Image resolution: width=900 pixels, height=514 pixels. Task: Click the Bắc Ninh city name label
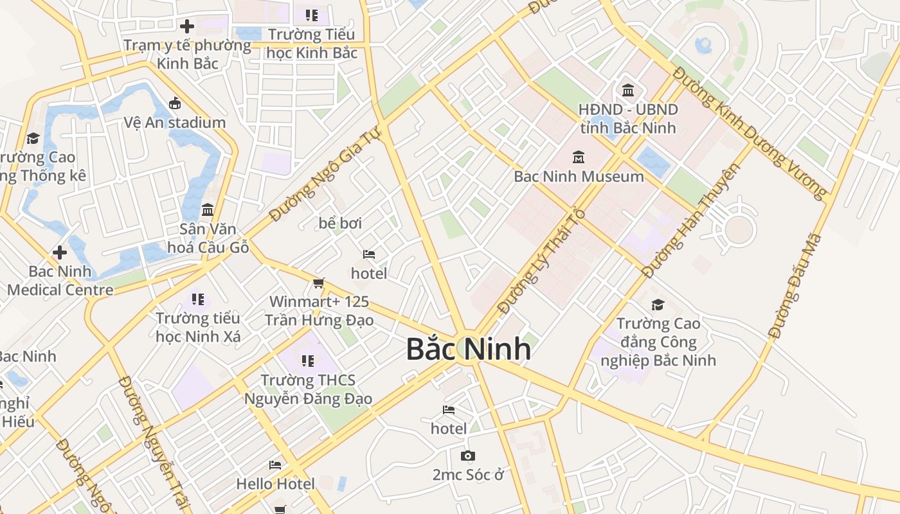pyautogui.click(x=469, y=349)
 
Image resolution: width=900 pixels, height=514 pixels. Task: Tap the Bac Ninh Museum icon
pyautogui.click(x=579, y=157)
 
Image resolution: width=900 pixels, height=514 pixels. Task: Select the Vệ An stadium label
pyautogui.click(x=175, y=122)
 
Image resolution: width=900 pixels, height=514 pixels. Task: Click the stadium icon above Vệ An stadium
pyautogui.click(x=174, y=103)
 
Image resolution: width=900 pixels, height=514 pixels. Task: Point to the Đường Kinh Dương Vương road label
pyautogui.click(x=750, y=132)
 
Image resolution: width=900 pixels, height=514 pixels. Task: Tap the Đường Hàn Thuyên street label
pyautogui.click(x=692, y=220)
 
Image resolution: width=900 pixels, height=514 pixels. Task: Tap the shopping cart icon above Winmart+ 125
pyautogui.click(x=318, y=283)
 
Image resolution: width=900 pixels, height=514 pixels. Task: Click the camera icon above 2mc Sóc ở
pyautogui.click(x=467, y=456)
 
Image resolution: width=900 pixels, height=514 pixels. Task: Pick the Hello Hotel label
pyautogui.click(x=276, y=484)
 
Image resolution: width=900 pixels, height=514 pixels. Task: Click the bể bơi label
pyautogui.click(x=340, y=223)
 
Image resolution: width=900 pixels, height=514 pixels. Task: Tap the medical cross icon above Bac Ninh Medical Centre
pyautogui.click(x=60, y=253)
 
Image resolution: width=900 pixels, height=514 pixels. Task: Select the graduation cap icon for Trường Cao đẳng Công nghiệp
pyautogui.click(x=658, y=305)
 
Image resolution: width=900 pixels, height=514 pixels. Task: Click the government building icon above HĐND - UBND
pyautogui.click(x=628, y=90)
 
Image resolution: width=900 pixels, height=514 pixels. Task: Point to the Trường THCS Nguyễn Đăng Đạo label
pyautogui.click(x=308, y=389)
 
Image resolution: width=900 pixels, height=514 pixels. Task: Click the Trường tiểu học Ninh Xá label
pyautogui.click(x=198, y=327)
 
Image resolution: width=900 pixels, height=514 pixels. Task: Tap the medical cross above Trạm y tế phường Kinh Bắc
pyautogui.click(x=187, y=26)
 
